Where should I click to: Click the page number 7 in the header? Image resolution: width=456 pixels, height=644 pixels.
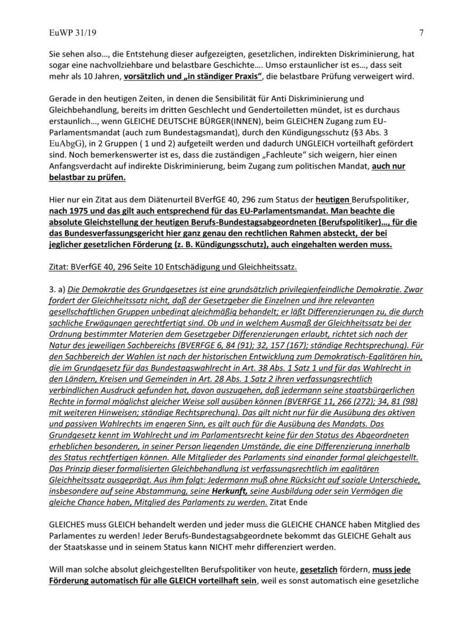421,33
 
